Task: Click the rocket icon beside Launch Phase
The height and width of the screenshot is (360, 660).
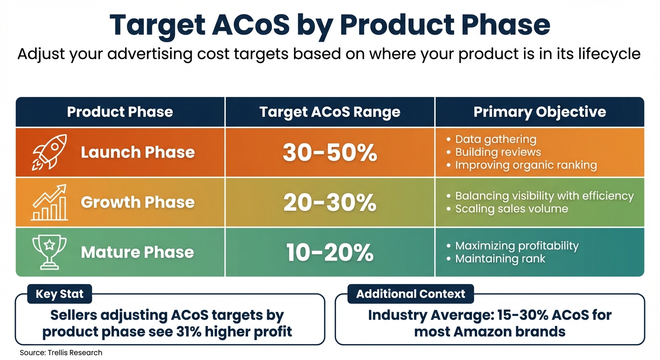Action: click(49, 152)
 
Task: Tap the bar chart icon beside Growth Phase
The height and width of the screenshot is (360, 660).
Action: click(49, 202)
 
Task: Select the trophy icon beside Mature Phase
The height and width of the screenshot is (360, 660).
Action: click(49, 252)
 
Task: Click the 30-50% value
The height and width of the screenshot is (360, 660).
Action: click(330, 152)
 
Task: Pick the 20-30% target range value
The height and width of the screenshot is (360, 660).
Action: click(330, 202)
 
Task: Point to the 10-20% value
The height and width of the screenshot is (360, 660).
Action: click(330, 253)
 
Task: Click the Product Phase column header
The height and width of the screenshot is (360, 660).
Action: click(120, 112)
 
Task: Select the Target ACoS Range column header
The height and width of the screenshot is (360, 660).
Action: click(330, 112)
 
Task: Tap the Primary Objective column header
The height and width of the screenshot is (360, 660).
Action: click(540, 112)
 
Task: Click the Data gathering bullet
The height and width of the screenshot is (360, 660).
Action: click(495, 139)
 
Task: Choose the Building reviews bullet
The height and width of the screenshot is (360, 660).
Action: click(498, 152)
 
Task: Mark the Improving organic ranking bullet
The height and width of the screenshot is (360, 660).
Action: click(525, 165)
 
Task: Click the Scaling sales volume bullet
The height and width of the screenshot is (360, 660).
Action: click(511, 209)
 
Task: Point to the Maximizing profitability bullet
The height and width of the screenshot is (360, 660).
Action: click(517, 246)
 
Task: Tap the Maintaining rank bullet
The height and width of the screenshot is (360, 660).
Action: click(500, 258)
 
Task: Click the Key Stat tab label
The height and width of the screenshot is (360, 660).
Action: click(60, 294)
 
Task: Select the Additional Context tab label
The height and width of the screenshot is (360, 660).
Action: click(411, 294)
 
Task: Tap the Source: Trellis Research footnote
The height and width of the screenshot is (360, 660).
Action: click(61, 352)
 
